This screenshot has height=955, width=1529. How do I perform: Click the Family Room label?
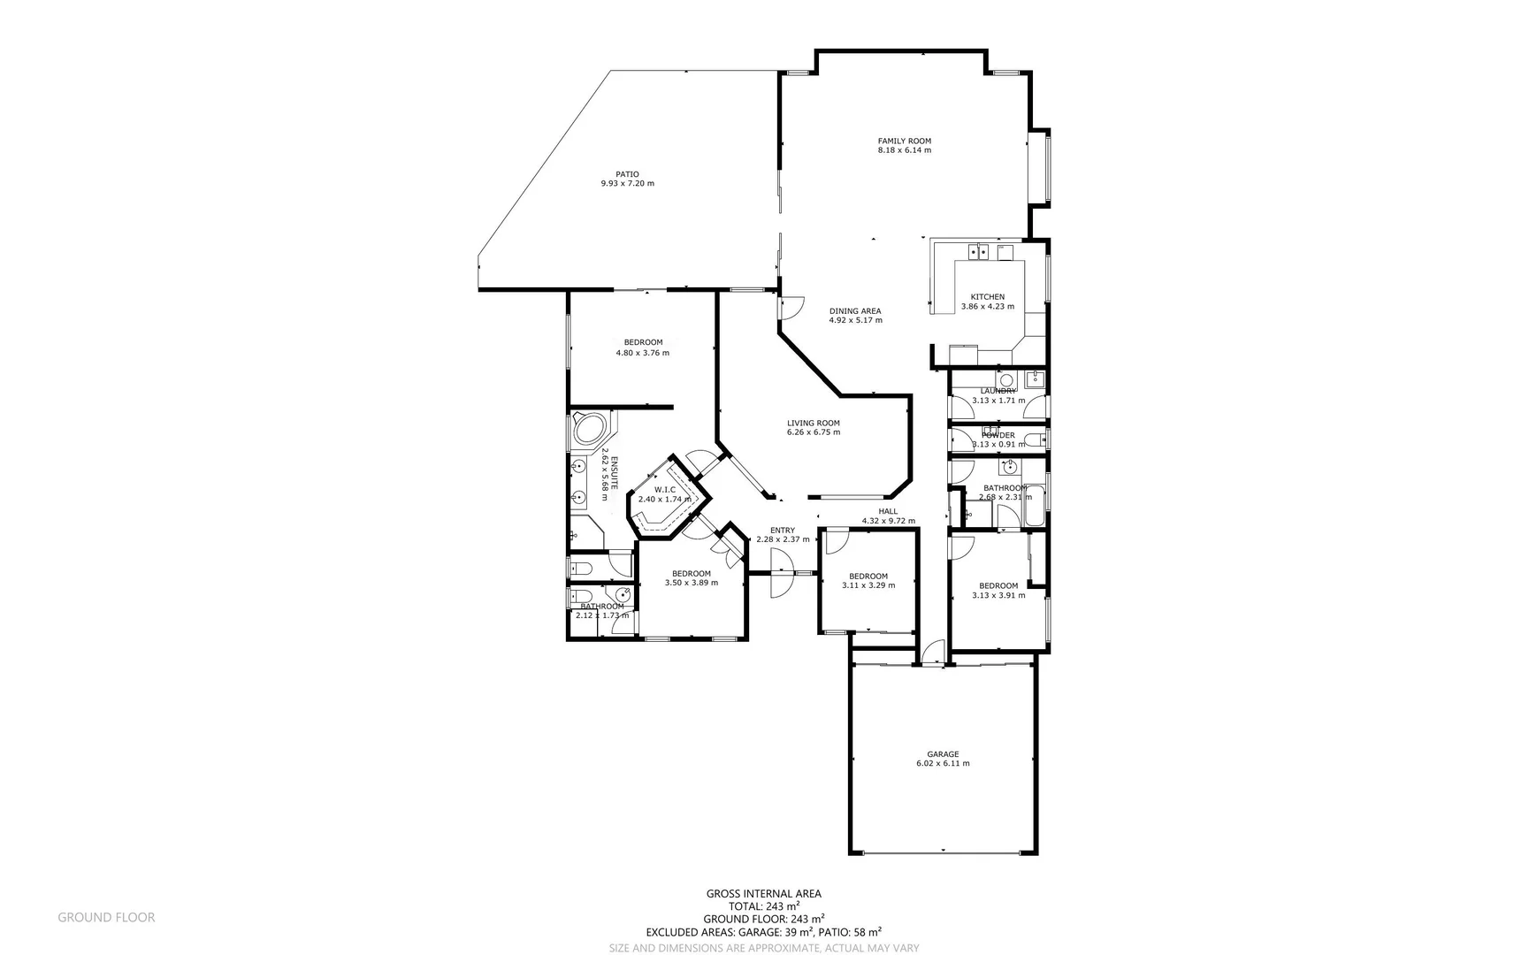click(904, 141)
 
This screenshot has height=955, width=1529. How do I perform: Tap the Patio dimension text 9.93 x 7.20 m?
click(627, 184)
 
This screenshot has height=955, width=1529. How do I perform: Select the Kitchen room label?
click(987, 297)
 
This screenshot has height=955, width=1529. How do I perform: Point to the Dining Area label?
click(854, 310)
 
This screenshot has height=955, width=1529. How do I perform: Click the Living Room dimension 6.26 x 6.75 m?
click(813, 432)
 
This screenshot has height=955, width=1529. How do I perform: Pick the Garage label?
click(943, 754)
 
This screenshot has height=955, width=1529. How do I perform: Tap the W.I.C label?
click(664, 489)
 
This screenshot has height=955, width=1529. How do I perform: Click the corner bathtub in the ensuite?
click(588, 431)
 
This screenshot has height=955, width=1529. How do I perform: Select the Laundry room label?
click(998, 391)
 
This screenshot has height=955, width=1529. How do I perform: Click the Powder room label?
click(998, 435)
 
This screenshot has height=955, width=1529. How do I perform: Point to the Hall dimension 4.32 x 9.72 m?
click(888, 521)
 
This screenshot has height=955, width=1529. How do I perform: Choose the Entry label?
click(782, 530)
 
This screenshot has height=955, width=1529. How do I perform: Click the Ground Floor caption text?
click(106, 918)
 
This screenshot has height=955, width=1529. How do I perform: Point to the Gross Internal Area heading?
click(763, 894)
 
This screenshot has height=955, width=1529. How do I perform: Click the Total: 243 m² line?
click(763, 906)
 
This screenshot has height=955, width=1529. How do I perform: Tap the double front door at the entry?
click(781, 573)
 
